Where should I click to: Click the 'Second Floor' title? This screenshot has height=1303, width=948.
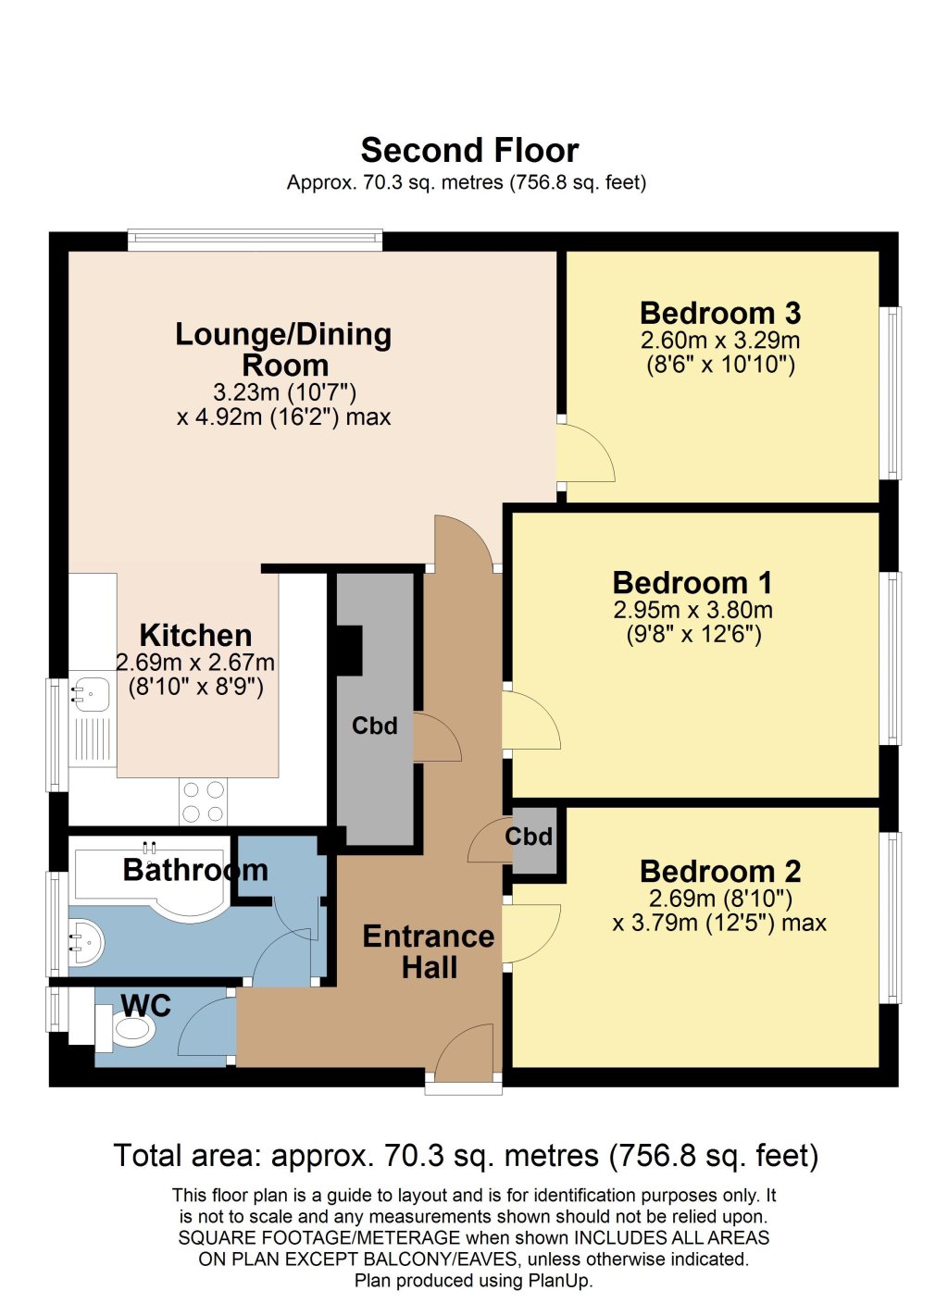click(469, 151)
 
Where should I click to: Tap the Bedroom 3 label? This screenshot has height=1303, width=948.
click(720, 313)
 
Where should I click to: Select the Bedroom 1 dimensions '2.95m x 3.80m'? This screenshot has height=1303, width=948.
click(693, 610)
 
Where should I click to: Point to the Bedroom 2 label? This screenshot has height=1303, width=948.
click(720, 872)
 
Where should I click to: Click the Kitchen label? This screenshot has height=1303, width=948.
click(195, 635)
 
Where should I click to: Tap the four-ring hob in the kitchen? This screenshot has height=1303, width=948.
click(203, 801)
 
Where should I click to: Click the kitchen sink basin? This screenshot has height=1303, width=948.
click(90, 694)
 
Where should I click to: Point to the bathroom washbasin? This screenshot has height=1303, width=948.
click(86, 942)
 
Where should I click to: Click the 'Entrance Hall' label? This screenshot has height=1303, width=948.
click(429, 952)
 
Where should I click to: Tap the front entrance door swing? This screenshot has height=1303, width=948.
click(465, 1047)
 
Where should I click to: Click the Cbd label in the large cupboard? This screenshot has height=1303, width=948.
click(375, 726)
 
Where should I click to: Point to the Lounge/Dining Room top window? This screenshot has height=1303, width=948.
click(255, 240)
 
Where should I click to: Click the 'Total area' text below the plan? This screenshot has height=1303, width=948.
click(467, 1155)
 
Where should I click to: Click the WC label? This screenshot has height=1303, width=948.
click(146, 1005)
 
